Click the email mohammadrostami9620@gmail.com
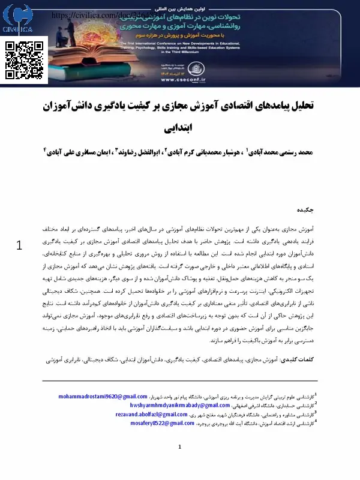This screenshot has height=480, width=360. point(103,397)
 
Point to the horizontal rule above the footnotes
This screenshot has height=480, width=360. point(180,381)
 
